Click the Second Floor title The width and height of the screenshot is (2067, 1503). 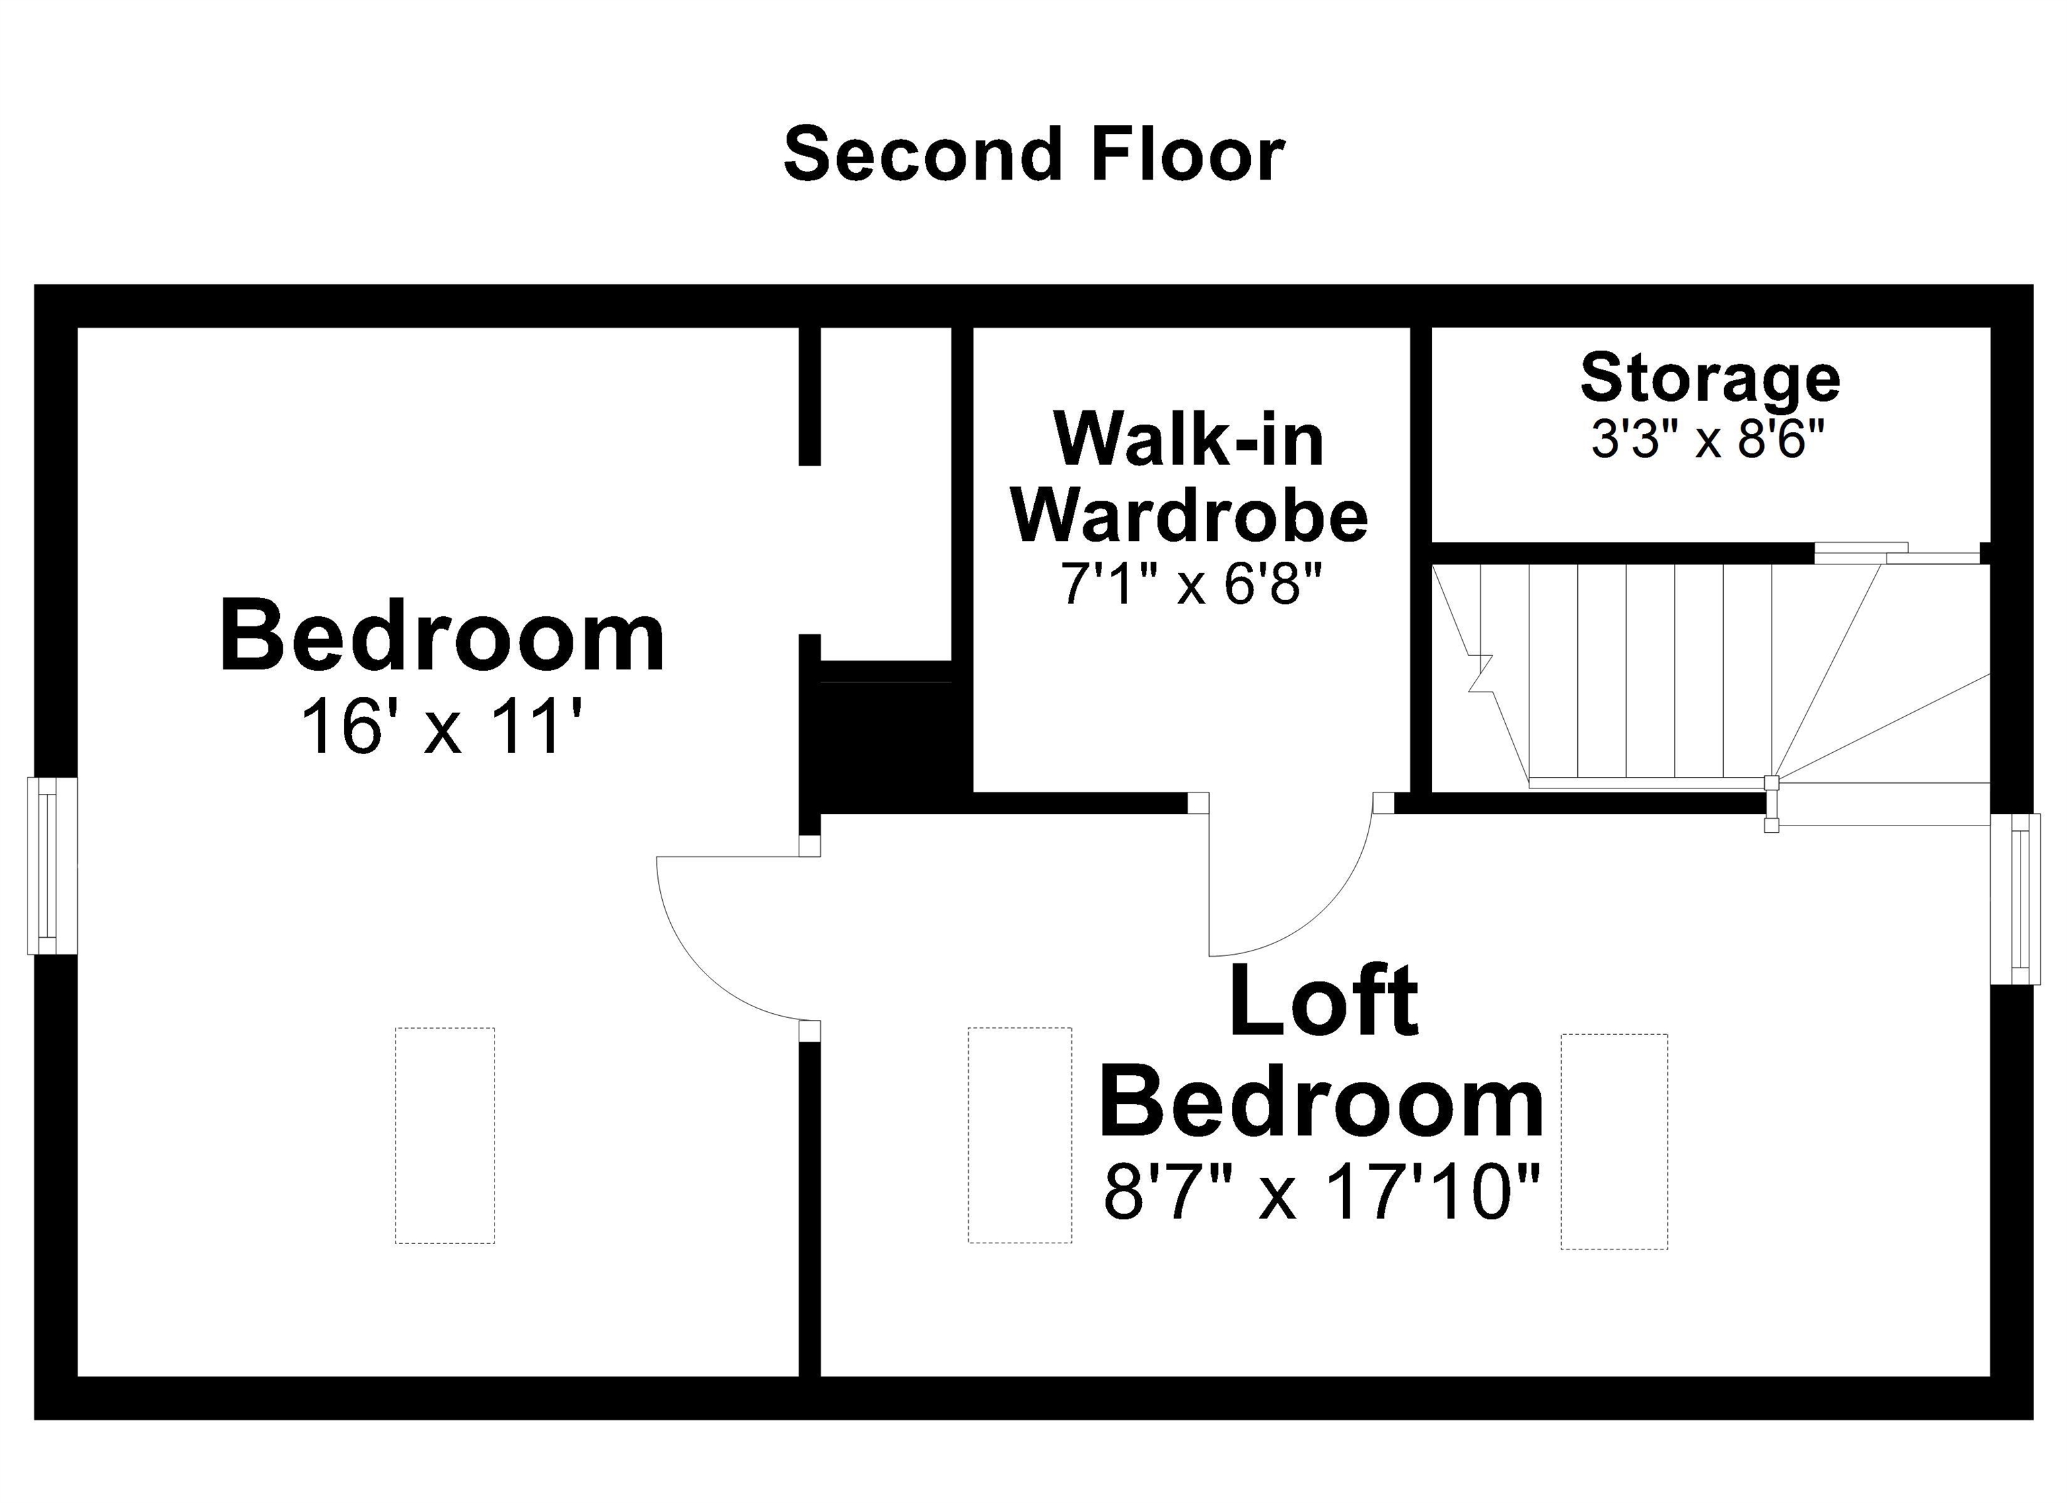(1033, 155)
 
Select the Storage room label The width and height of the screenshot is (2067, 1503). (1710, 378)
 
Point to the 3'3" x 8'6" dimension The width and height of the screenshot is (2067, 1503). (1708, 440)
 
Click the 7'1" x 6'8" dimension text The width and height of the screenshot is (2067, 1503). (1190, 583)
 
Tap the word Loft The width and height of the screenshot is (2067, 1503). (1323, 1001)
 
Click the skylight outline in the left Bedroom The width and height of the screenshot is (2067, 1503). (445, 1136)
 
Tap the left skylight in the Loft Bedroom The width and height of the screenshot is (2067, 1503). (1020, 1135)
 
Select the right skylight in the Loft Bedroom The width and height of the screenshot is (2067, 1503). (1614, 1141)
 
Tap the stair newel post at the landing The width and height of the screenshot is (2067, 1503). (1771, 782)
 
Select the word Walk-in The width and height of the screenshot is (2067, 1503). (1190, 440)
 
